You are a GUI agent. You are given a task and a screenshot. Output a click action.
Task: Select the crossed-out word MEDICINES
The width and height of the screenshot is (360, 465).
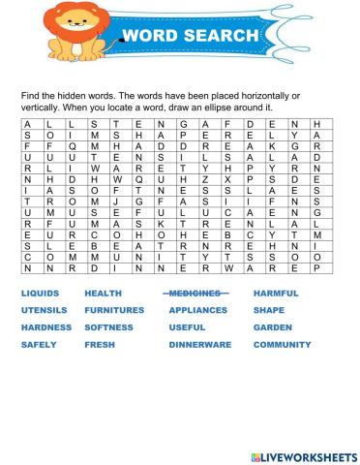(194, 293)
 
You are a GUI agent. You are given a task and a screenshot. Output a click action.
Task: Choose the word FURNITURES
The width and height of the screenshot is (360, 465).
(114, 310)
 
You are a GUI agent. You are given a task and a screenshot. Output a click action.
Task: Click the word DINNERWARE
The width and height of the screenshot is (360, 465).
(198, 344)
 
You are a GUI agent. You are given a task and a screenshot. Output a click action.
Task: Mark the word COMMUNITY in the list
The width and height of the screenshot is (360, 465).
(282, 344)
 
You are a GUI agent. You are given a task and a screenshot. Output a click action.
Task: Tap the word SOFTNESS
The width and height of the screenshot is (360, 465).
(108, 327)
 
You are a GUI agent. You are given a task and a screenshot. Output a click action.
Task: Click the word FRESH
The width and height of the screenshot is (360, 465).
(100, 344)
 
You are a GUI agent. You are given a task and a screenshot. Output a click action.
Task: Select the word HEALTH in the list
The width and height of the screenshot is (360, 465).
(103, 293)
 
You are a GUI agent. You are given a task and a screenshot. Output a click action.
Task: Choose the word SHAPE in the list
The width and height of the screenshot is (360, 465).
(268, 310)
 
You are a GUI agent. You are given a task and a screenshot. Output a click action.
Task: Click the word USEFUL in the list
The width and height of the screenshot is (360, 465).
(188, 327)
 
